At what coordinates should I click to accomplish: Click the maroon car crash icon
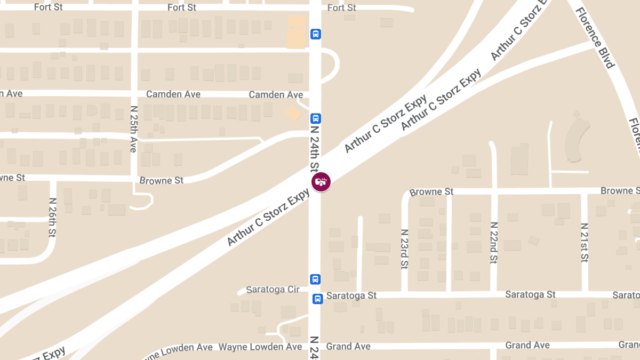[x=321, y=182]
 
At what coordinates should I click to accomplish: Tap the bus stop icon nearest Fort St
[x=316, y=35]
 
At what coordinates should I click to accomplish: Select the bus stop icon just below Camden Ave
[x=316, y=118]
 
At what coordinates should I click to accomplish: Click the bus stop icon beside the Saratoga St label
[x=317, y=299]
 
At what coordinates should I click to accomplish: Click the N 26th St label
[x=52, y=218]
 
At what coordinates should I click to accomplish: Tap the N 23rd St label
[x=404, y=249]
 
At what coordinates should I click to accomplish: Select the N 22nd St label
[x=494, y=243]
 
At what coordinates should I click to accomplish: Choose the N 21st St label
[x=585, y=243]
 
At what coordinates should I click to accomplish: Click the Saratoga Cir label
[x=273, y=290]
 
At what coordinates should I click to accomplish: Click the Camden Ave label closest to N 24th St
[x=276, y=94]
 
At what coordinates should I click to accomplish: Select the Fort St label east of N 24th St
[x=341, y=7]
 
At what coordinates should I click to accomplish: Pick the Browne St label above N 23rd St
[x=431, y=191]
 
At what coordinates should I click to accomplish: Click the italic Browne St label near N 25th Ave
[x=161, y=180]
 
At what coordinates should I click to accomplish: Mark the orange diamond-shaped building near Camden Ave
[x=293, y=113]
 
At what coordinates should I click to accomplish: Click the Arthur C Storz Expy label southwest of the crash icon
[x=268, y=219]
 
